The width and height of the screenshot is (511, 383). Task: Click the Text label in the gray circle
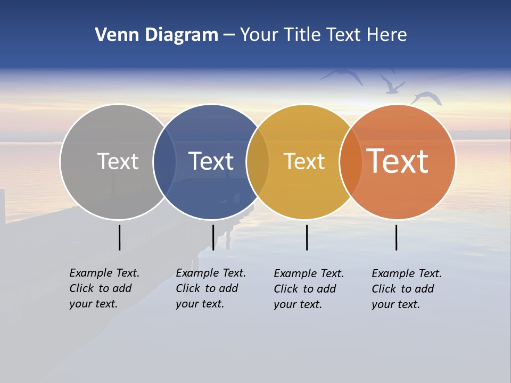click(x=118, y=161)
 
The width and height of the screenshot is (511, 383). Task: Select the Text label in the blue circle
click(x=211, y=161)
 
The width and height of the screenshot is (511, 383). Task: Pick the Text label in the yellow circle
click(x=304, y=161)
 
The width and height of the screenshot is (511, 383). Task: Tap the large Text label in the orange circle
click(x=398, y=161)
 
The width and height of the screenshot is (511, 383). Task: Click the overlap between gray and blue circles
click(x=164, y=162)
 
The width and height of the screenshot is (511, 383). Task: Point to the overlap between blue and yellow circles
click(x=258, y=162)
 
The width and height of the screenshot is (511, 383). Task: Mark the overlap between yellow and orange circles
click(x=351, y=162)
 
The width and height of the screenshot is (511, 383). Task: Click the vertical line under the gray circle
click(x=119, y=237)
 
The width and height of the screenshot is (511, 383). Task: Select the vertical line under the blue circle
click(x=213, y=237)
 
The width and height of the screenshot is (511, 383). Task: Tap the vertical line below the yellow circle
click(x=307, y=237)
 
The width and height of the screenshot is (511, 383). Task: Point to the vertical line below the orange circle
click(x=396, y=237)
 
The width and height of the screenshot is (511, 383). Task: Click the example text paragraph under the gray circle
click(x=104, y=288)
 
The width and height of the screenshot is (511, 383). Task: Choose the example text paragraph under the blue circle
click(x=211, y=288)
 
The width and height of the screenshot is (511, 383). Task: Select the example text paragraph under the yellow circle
click(x=309, y=289)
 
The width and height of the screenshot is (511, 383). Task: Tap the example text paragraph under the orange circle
click(x=407, y=289)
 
